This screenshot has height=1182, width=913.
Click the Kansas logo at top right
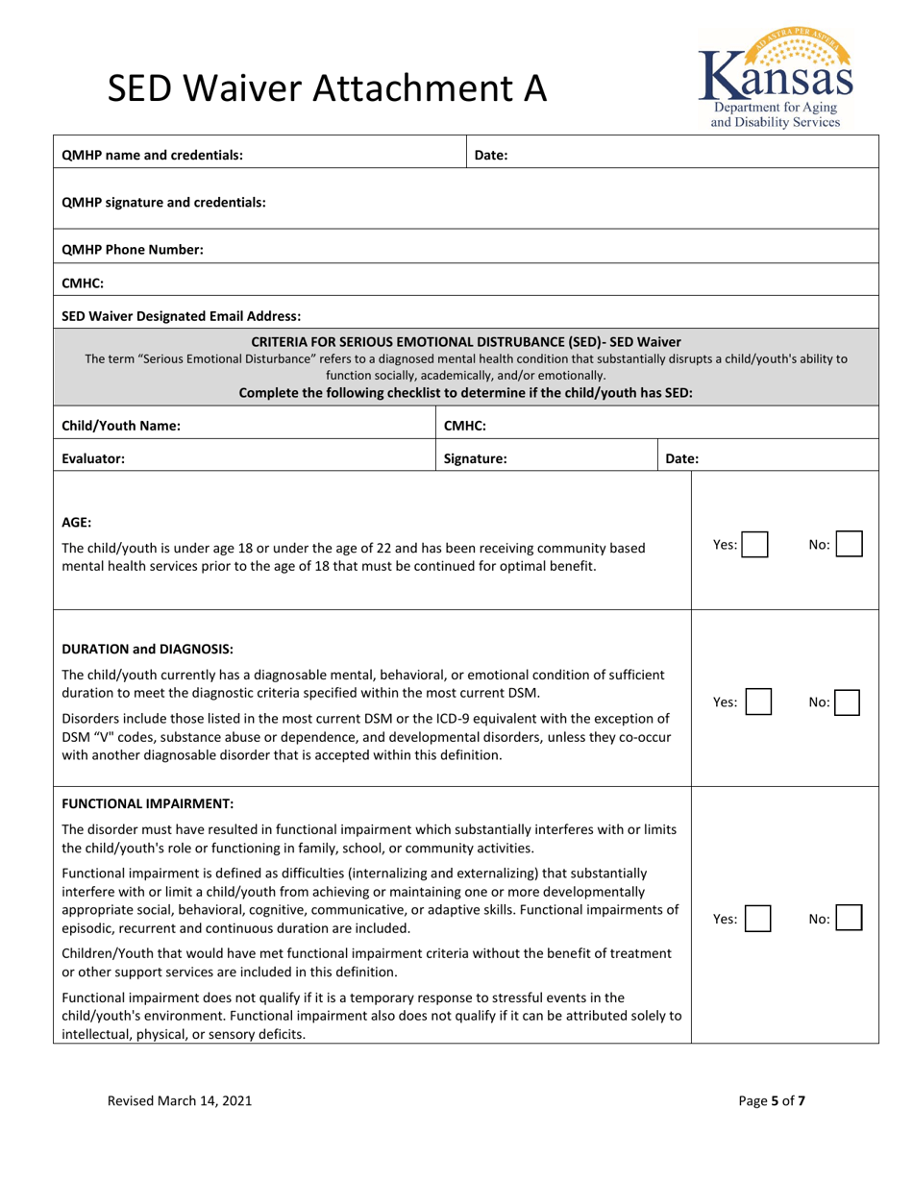point(775,78)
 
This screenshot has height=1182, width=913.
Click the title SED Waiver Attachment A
point(327,89)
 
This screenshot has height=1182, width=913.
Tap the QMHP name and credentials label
point(152,155)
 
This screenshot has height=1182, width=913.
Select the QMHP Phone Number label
point(133,250)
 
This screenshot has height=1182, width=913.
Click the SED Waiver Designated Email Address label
point(182,315)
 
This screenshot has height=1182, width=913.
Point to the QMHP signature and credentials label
point(163,203)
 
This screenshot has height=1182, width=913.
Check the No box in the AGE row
point(849,545)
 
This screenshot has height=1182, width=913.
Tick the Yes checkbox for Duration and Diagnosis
point(757,702)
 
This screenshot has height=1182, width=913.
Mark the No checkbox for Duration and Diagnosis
point(849,702)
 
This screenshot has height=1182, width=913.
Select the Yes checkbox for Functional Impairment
point(757,920)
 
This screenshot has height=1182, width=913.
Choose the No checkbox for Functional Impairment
point(849,920)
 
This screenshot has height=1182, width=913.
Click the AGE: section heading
point(77,523)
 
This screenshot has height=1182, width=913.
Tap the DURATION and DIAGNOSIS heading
point(147,649)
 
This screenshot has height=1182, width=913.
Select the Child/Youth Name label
point(120,426)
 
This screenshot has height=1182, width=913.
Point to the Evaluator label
point(93,458)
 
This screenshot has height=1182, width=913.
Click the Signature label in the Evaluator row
point(475,458)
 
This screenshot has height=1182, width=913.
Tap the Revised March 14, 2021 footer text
point(180,1101)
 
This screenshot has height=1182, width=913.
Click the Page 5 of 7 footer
point(772,1101)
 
